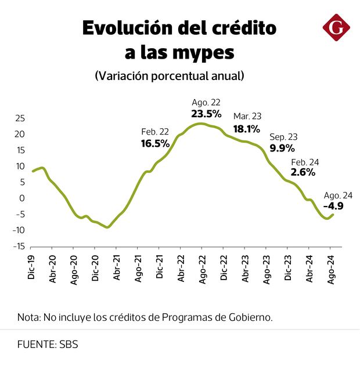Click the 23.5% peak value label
(206, 113)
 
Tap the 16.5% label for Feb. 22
(155, 143)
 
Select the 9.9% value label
(283, 148)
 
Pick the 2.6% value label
(303, 172)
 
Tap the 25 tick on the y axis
(19, 118)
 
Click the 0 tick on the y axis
(22, 198)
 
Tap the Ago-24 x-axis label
(330, 269)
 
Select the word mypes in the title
(204, 53)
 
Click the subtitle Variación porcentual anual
(169, 76)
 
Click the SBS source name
(69, 345)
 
